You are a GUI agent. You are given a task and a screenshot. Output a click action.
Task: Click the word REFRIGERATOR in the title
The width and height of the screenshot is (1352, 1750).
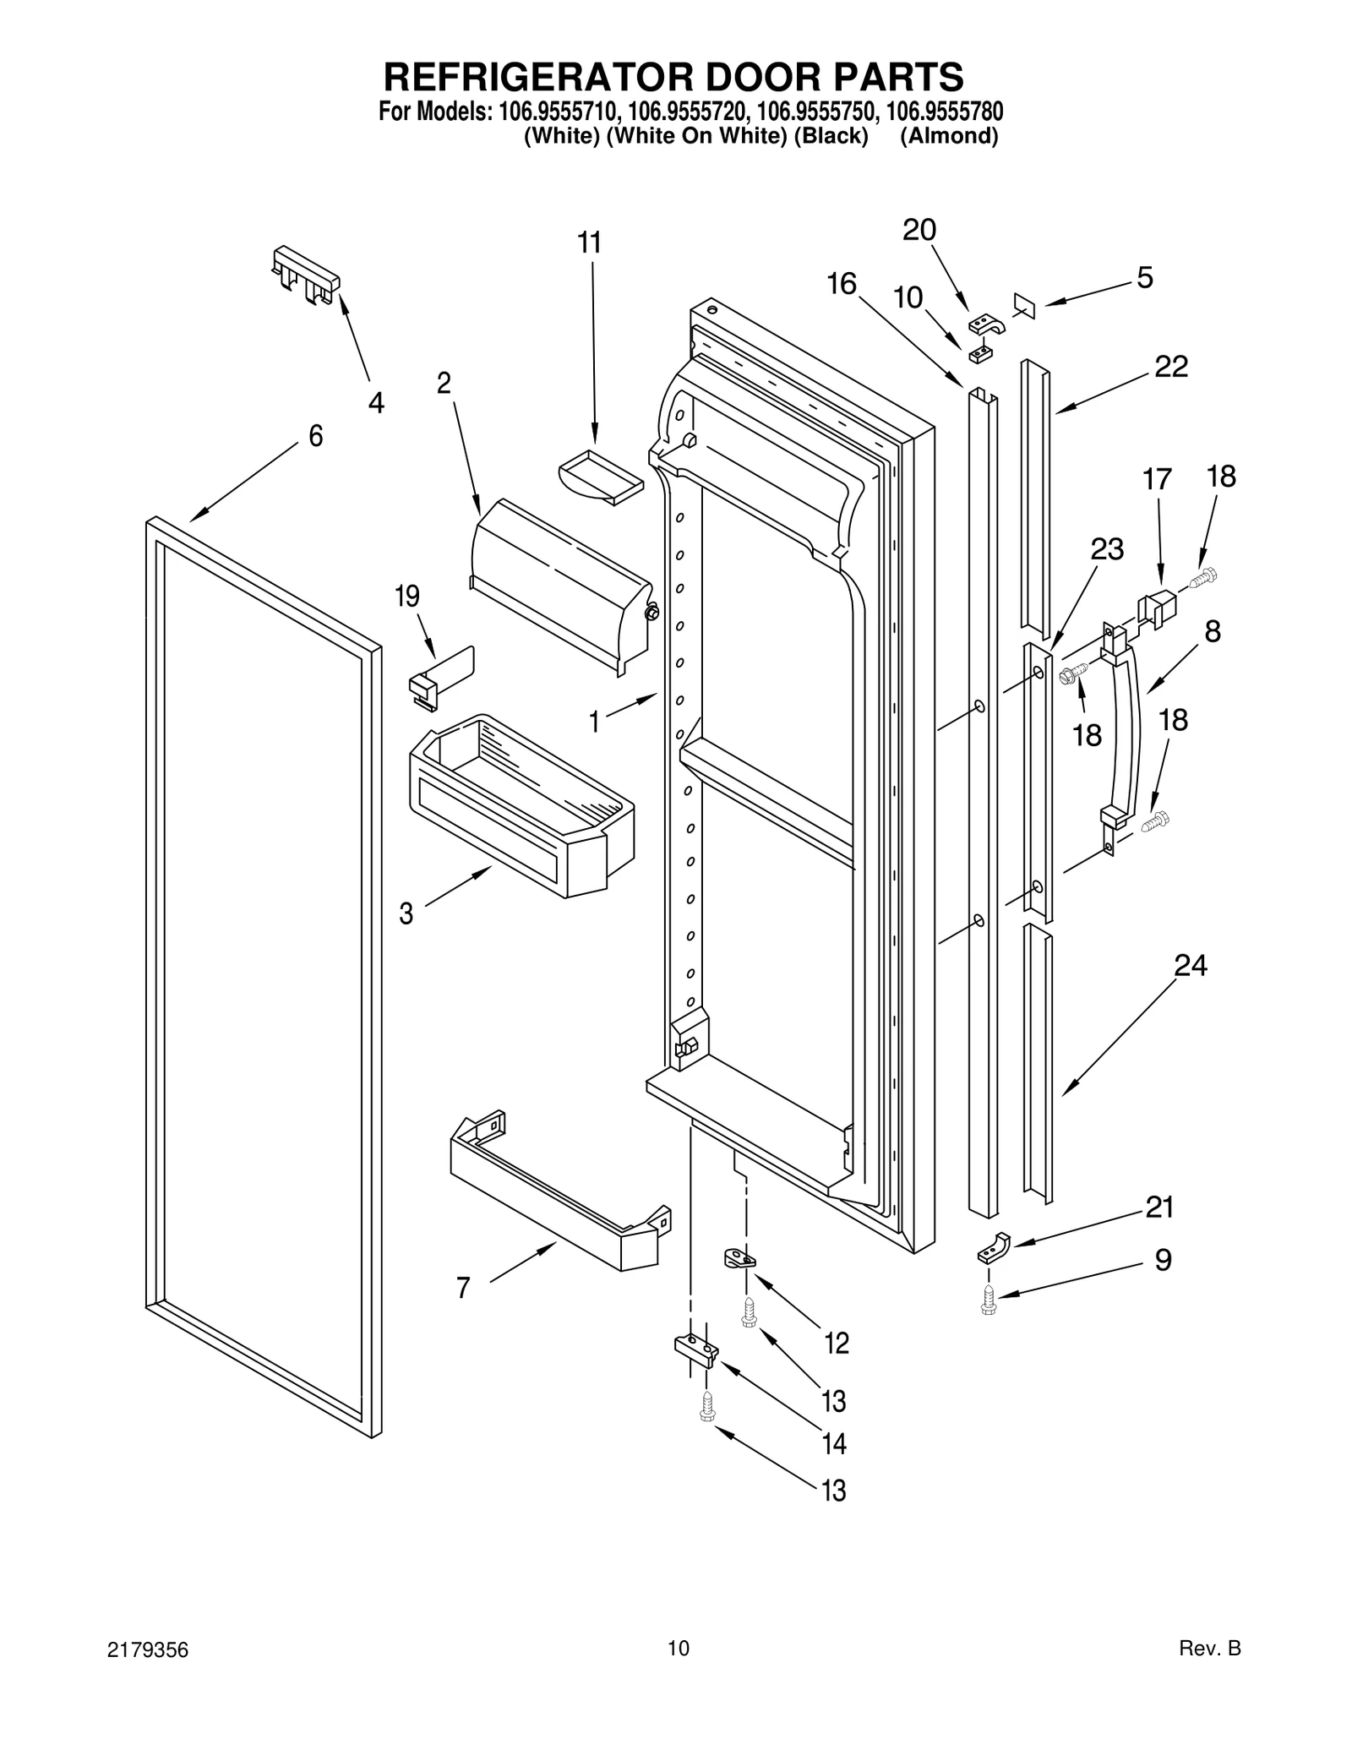pyautogui.click(x=526, y=77)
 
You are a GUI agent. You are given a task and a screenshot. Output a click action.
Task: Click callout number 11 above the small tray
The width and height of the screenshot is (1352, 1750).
pyautogui.click(x=589, y=243)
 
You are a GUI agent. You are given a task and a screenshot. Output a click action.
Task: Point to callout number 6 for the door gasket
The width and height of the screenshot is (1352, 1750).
pyautogui.click(x=315, y=436)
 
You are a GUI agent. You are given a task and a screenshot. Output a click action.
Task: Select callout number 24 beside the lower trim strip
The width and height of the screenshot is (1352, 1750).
pyautogui.click(x=1190, y=965)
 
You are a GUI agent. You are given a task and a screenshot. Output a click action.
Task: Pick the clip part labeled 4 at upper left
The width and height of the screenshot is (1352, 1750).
pyautogui.click(x=306, y=275)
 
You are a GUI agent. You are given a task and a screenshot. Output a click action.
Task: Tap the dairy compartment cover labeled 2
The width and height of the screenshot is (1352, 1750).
pyautogui.click(x=558, y=583)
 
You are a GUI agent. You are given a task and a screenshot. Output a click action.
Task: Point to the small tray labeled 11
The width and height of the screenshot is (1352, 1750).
pyautogui.click(x=600, y=477)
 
